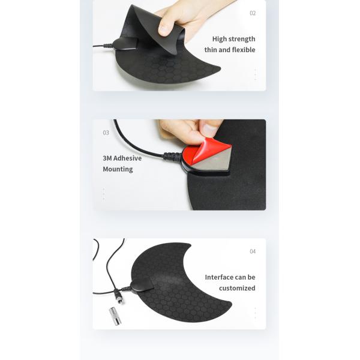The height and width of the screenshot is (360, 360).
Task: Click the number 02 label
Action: [x=253, y=13]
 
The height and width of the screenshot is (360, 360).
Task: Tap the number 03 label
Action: [x=106, y=133]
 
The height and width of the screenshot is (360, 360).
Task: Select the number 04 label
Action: [x=253, y=251]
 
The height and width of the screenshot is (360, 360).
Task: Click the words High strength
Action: [x=234, y=39]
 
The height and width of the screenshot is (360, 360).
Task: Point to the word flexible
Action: [x=244, y=50]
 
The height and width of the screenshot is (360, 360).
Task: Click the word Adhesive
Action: [x=127, y=158]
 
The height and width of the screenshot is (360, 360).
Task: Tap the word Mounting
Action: [x=118, y=169]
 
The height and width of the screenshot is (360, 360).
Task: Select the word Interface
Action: [x=219, y=277]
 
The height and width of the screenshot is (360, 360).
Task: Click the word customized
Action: [x=237, y=288]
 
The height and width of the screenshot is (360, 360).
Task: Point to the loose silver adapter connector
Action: [x=115, y=316]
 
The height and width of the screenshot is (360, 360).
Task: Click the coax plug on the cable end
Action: [x=119, y=297]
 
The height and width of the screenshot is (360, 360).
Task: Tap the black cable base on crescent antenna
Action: [x=140, y=284]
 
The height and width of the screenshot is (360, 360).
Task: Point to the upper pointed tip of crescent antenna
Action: [x=191, y=244]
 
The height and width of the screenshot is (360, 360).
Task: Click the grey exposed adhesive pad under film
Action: [x=218, y=162]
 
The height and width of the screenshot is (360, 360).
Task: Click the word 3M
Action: [x=107, y=158]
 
